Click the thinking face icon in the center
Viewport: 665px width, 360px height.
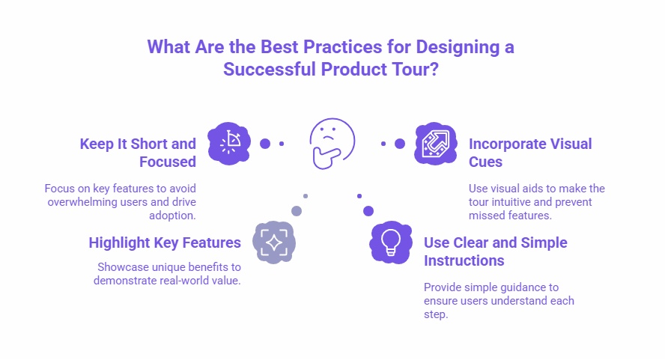tap(332, 142)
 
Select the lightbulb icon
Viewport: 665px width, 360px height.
tap(391, 242)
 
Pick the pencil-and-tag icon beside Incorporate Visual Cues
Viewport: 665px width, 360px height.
tap(435, 143)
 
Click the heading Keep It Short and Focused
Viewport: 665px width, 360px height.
tap(138, 152)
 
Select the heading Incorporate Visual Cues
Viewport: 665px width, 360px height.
tap(530, 152)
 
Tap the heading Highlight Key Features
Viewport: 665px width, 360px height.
tap(165, 242)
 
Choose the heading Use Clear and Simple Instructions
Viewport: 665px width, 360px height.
tap(495, 251)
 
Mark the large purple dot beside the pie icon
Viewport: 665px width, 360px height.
tap(264, 144)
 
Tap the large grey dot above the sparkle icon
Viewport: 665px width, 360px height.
tap(297, 211)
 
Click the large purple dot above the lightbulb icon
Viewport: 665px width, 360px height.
tap(368, 211)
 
